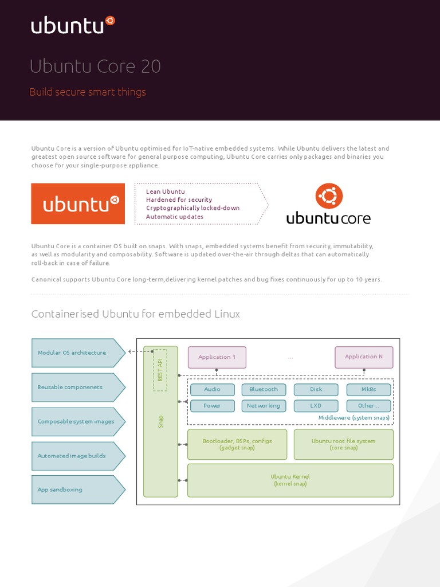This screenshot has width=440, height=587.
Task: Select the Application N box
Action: (x=364, y=357)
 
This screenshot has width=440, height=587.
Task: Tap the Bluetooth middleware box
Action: (x=264, y=390)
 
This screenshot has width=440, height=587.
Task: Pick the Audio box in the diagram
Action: (x=212, y=390)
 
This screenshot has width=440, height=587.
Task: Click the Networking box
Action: (x=264, y=406)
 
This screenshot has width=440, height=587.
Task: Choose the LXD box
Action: (x=316, y=406)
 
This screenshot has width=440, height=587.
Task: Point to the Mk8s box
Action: (x=368, y=390)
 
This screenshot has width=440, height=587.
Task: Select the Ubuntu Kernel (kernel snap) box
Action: (x=290, y=480)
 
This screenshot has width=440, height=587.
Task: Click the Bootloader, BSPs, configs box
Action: (x=237, y=444)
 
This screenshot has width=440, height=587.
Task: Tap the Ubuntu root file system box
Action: (x=343, y=444)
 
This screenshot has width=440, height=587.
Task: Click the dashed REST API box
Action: (x=160, y=370)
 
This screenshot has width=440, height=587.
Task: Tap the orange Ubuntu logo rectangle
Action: (x=78, y=204)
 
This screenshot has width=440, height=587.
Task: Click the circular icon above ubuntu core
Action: (x=329, y=197)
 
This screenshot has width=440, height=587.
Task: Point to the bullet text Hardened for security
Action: (x=179, y=199)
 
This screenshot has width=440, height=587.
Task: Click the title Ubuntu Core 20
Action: (x=95, y=67)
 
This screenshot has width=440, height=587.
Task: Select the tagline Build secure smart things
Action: (x=88, y=92)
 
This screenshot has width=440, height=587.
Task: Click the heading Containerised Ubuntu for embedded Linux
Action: (x=135, y=314)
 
